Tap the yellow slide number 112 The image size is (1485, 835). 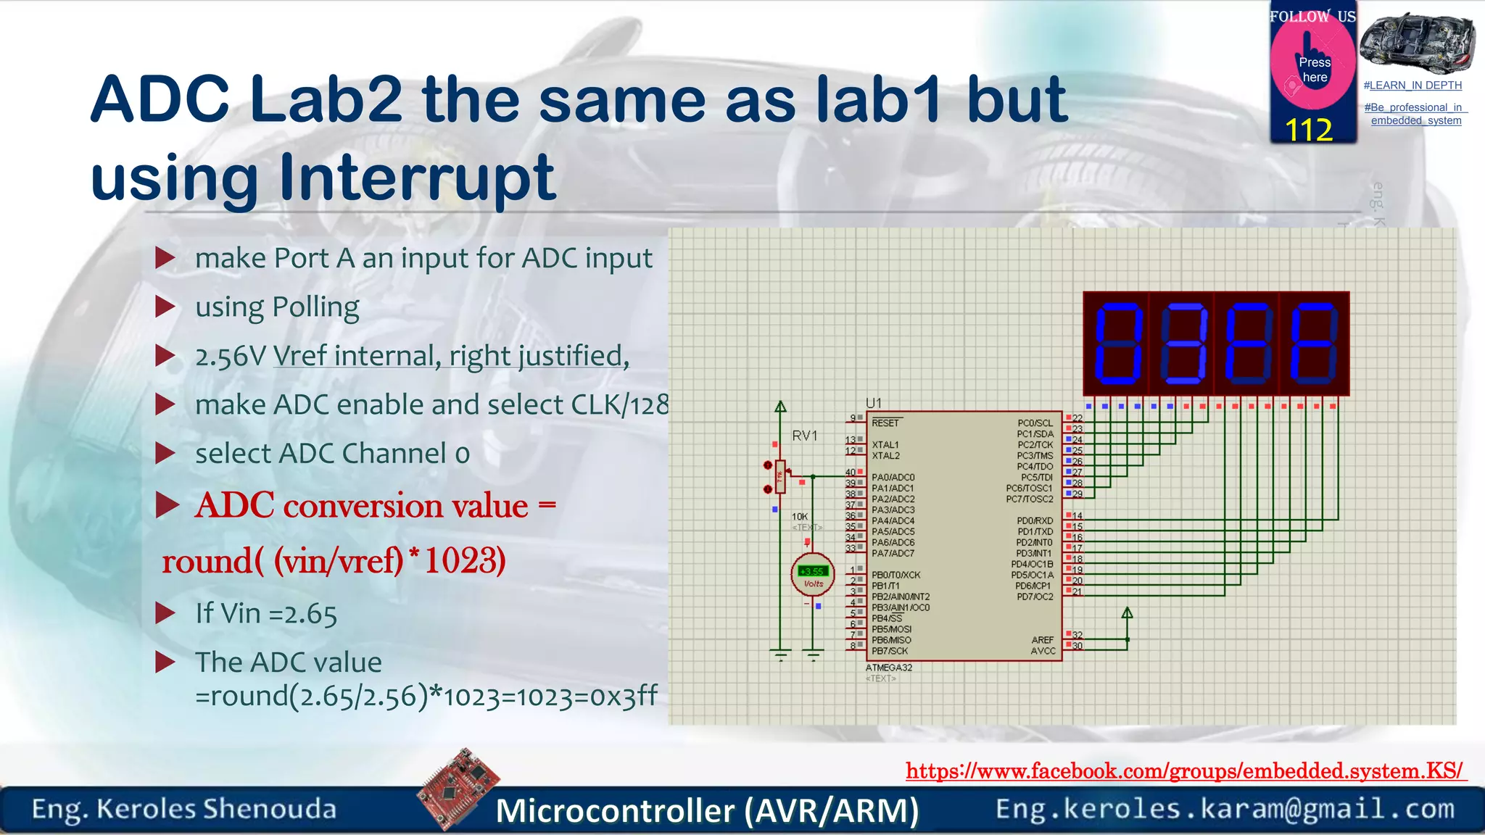1309,130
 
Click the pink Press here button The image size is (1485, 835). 1313,68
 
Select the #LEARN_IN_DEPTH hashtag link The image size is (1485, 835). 1412,86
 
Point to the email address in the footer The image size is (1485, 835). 1225,809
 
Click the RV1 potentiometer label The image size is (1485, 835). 804,436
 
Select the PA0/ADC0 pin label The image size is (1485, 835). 893,477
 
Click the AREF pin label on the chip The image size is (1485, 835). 1042,640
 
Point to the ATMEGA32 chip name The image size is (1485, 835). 888,668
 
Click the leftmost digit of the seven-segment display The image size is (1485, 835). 1117,344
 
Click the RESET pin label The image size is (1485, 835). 885,423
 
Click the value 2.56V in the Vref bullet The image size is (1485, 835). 231,357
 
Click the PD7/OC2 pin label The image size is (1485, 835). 1035,597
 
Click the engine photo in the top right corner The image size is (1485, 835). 1417,42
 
